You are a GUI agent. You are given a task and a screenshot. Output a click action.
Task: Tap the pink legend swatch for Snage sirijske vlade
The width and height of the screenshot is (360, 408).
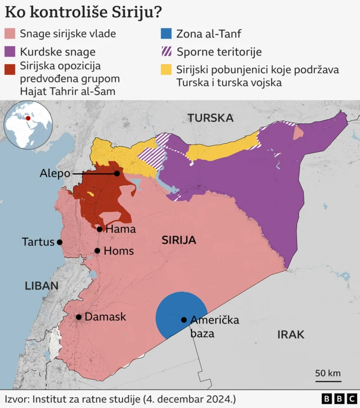click(10, 34)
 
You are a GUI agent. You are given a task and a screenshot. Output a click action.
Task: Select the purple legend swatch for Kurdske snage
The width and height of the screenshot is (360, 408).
click(10, 52)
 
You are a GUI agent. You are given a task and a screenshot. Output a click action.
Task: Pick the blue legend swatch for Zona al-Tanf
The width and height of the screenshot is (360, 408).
click(166, 34)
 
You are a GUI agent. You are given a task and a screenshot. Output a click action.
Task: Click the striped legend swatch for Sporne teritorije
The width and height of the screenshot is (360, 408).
click(166, 52)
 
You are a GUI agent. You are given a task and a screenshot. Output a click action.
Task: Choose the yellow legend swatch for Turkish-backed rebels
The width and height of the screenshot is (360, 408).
click(166, 70)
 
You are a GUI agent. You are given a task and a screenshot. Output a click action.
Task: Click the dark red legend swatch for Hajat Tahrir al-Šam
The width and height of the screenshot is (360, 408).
click(10, 70)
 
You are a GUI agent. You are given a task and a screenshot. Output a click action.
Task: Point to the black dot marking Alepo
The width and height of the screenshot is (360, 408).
click(117, 174)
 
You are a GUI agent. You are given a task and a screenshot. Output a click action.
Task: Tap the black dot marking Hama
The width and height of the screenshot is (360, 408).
click(100, 229)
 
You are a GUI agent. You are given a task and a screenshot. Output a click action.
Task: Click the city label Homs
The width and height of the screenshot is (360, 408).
click(119, 251)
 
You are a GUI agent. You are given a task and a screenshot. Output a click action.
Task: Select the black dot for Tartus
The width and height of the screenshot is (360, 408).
click(60, 242)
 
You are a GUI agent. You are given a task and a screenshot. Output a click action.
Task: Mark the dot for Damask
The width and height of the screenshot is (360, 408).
click(79, 317)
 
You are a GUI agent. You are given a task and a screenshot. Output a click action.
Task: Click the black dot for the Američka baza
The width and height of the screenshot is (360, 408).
click(184, 320)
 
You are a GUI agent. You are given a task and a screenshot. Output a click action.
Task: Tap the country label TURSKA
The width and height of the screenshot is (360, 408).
click(210, 118)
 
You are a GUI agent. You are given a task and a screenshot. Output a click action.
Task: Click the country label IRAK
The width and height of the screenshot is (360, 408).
click(290, 335)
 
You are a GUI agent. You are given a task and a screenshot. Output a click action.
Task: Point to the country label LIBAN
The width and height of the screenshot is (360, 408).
click(41, 286)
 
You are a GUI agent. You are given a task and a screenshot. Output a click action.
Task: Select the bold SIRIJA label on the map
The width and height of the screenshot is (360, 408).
click(178, 240)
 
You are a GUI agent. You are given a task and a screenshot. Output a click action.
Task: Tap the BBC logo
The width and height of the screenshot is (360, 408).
click(333, 398)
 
